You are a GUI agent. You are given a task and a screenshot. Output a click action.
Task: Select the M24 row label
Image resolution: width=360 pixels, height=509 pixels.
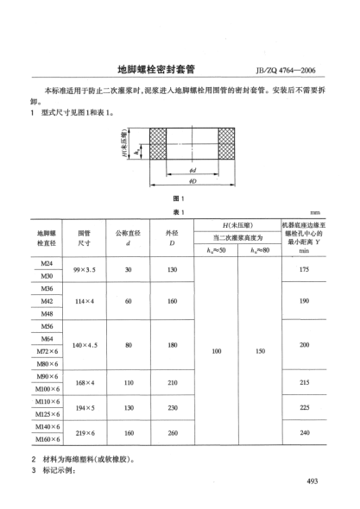tap(47, 262)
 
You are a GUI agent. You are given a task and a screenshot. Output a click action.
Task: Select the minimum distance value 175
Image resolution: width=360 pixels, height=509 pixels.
tap(303, 270)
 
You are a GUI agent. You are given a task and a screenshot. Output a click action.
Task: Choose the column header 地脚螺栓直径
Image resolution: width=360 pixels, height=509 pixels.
tap(47, 238)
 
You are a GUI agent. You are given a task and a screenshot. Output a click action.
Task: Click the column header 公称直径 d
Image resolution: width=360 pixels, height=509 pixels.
tap(128, 238)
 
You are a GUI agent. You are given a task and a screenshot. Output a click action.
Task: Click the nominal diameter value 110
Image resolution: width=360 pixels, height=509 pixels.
tap(128, 382)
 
